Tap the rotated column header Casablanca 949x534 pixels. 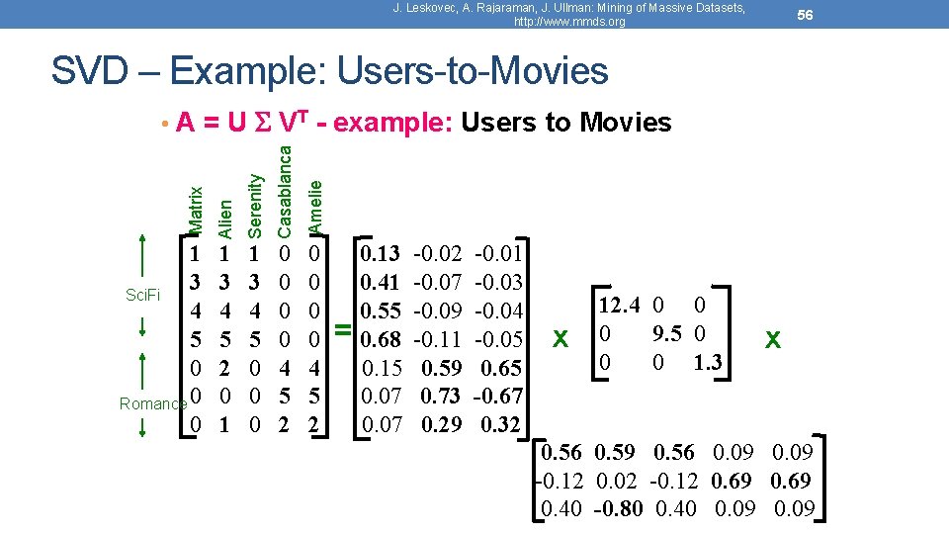[286, 189]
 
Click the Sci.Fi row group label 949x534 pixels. [144, 295]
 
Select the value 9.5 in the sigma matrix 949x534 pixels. [667, 332]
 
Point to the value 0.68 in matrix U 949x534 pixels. [382, 340]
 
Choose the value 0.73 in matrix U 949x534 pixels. [440, 397]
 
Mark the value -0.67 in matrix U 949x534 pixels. [498, 397]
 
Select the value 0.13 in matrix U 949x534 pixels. [382, 254]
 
